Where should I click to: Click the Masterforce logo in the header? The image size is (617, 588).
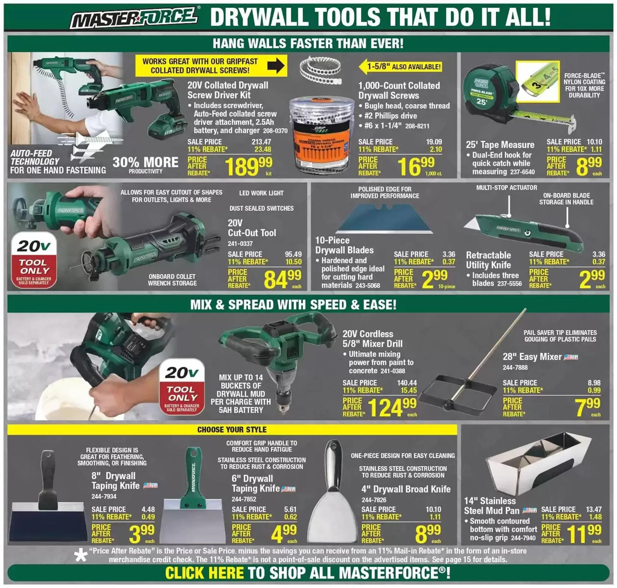click(134, 18)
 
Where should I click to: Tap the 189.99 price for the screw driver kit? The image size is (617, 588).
click(248, 166)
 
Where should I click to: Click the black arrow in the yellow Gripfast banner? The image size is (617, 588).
click(276, 66)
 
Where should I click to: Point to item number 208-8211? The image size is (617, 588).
click(417, 126)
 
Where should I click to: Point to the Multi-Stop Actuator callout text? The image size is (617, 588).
click(506, 188)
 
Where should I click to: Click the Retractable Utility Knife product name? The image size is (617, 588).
click(488, 260)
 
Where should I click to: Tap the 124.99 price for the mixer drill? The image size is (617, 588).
click(392, 407)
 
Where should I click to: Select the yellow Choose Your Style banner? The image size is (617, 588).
click(232, 430)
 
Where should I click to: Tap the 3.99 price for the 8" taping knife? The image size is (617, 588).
click(141, 533)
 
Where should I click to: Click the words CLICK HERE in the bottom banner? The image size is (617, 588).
click(204, 573)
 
